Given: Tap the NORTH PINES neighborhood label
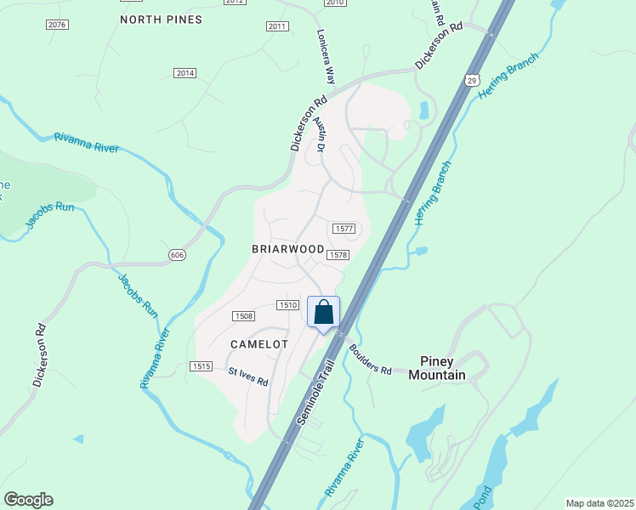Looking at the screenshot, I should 161,19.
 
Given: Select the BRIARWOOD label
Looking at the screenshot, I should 288,249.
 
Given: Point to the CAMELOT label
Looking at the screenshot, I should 259,344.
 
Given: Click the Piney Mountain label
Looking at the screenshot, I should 437,368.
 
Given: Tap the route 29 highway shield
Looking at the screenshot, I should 472,79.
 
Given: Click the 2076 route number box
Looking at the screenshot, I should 57,25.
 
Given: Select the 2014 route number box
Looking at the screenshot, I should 185,73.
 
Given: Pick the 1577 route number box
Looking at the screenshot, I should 343,229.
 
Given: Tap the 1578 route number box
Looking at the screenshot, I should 338,255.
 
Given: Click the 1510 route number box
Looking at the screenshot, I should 287,305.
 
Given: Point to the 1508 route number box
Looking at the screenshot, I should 244,316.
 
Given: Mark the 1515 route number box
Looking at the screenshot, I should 201,365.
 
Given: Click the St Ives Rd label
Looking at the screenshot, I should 248,377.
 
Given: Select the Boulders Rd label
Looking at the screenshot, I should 369,360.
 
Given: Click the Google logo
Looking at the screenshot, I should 28,500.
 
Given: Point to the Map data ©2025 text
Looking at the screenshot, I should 599,503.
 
